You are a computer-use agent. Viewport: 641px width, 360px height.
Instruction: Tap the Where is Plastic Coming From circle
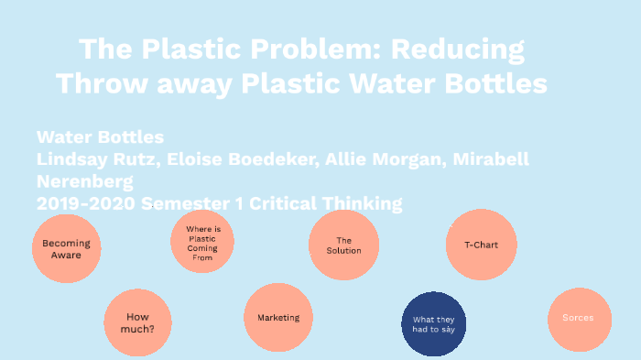[202, 242]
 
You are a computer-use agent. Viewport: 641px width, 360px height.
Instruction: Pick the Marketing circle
[278, 318]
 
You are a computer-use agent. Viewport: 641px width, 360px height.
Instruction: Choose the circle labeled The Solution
[343, 245]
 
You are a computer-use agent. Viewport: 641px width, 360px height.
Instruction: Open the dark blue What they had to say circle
[434, 323]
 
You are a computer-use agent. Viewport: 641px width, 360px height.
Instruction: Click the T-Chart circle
[481, 245]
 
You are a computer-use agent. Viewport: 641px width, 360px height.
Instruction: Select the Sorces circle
[579, 319]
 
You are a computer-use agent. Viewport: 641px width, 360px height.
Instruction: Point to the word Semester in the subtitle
[189, 202]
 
